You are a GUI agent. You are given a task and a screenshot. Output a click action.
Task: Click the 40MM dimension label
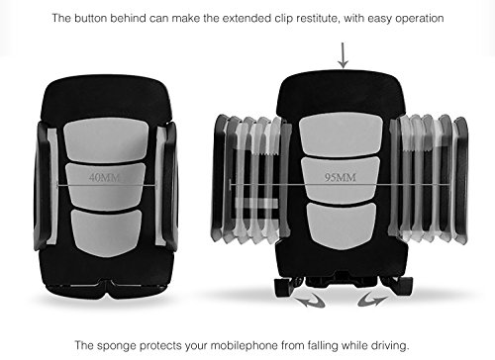point(103,179)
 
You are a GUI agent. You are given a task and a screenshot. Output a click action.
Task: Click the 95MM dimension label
point(343,179)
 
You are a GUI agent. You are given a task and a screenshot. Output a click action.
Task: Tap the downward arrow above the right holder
point(343,54)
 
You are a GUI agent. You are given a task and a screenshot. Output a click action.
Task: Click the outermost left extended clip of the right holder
point(221,178)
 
